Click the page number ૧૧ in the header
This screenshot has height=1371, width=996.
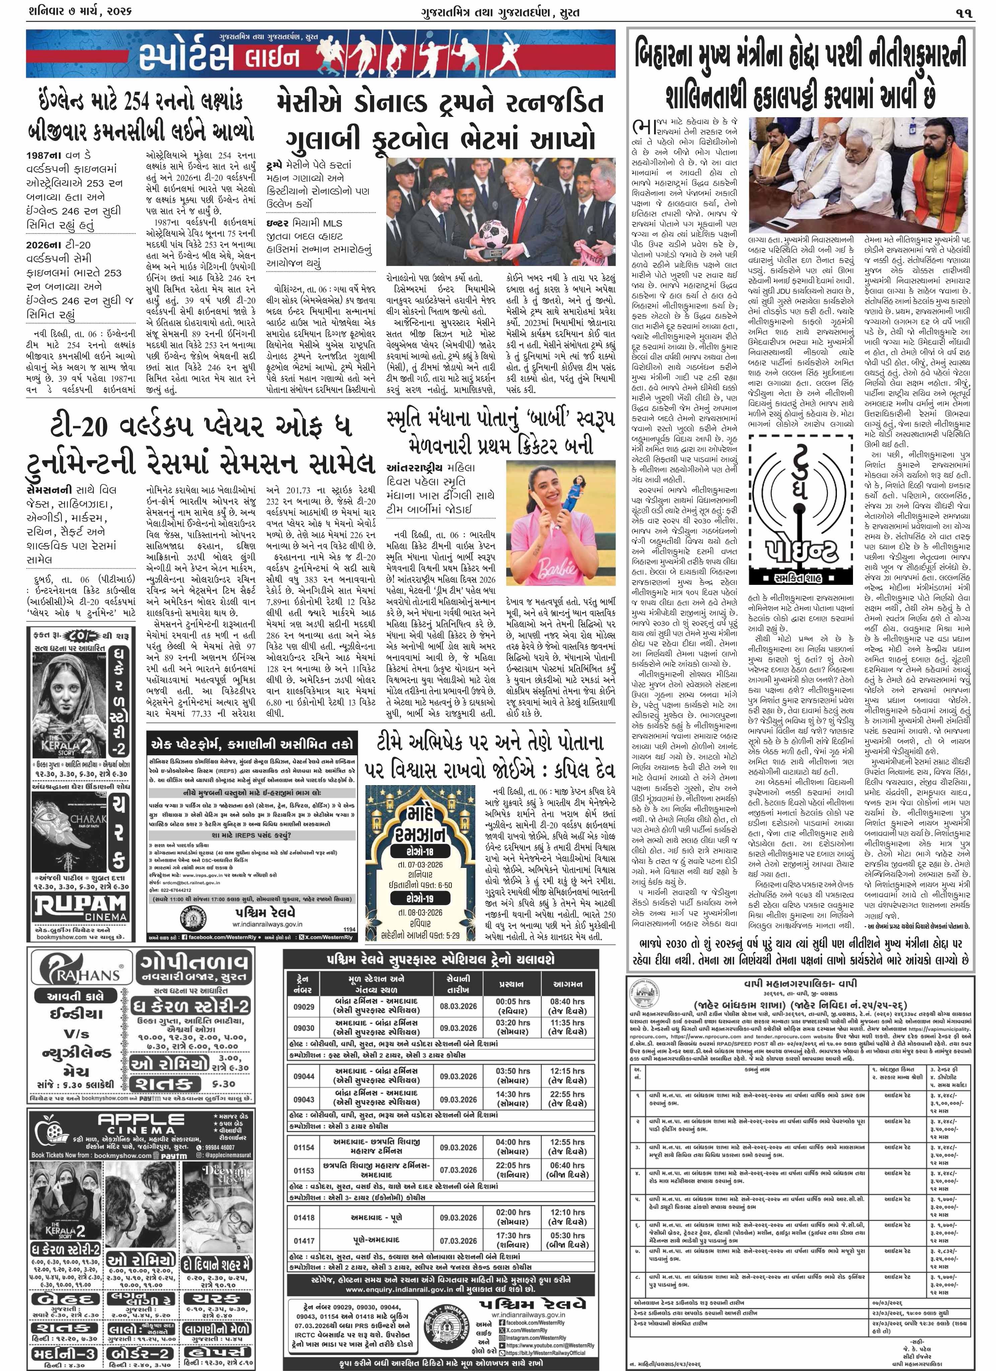(964, 12)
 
